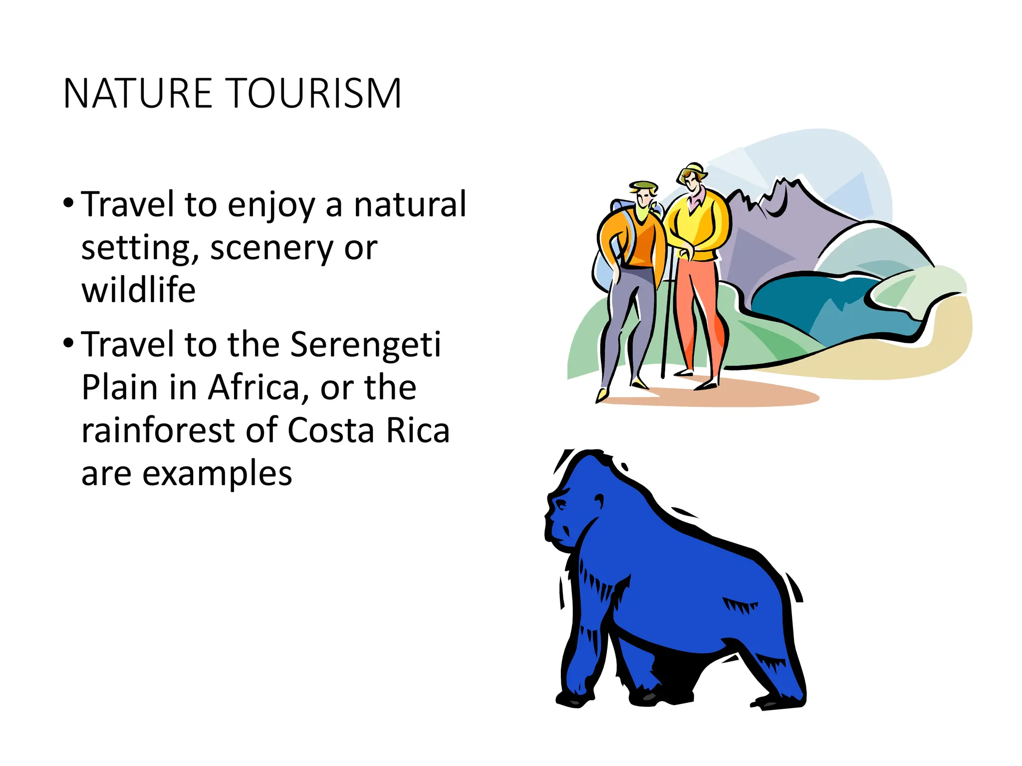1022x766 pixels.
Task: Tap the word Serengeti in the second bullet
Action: tap(365, 345)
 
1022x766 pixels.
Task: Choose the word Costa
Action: tap(330, 431)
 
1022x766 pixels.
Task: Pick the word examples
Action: tap(217, 474)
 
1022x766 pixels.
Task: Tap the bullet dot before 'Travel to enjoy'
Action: tap(69, 203)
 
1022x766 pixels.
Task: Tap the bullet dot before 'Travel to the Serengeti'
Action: tap(69, 343)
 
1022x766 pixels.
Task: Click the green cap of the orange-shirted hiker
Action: tap(644, 187)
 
